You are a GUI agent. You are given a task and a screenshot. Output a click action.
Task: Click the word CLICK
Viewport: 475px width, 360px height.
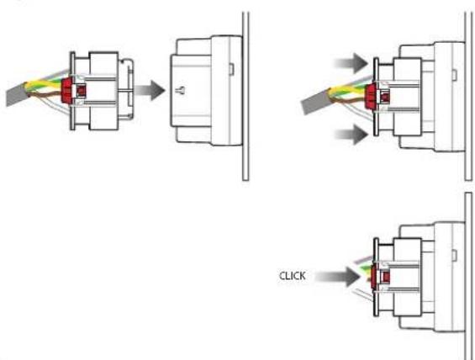(x=293, y=276)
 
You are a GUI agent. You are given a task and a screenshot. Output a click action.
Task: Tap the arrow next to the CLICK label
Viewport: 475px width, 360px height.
(x=338, y=277)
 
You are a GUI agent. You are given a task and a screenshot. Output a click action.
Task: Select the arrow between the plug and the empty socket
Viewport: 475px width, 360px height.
(x=150, y=90)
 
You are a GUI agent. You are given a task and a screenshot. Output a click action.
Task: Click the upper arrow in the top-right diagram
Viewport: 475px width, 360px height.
(x=351, y=63)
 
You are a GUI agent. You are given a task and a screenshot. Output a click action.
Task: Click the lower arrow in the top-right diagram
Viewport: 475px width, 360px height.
(x=351, y=135)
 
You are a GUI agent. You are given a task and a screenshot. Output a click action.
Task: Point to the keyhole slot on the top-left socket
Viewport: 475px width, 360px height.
(x=181, y=90)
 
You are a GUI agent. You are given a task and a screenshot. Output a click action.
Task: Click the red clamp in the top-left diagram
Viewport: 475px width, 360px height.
(x=69, y=90)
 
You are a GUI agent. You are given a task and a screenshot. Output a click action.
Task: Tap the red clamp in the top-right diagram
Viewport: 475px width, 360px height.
(x=372, y=97)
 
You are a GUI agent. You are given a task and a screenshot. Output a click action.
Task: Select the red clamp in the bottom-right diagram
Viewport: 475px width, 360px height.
(x=374, y=276)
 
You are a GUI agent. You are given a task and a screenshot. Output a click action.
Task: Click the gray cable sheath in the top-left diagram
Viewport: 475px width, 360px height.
(x=17, y=93)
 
